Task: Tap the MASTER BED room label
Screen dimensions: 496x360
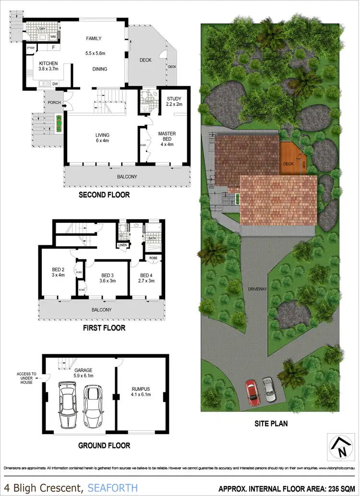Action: pyautogui.click(x=167, y=133)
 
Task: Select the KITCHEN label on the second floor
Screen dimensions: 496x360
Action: pyautogui.click(x=48, y=63)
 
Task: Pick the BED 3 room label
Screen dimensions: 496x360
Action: pyautogui.click(x=108, y=275)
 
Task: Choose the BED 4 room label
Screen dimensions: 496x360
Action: pyautogui.click(x=147, y=275)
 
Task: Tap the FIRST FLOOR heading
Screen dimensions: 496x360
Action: pyautogui.click(x=104, y=328)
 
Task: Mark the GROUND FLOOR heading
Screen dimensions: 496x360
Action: pyautogui.click(x=104, y=446)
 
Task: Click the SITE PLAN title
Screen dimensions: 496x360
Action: pyautogui.click(x=271, y=424)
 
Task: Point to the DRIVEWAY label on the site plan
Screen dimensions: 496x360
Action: pyautogui.click(x=257, y=290)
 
